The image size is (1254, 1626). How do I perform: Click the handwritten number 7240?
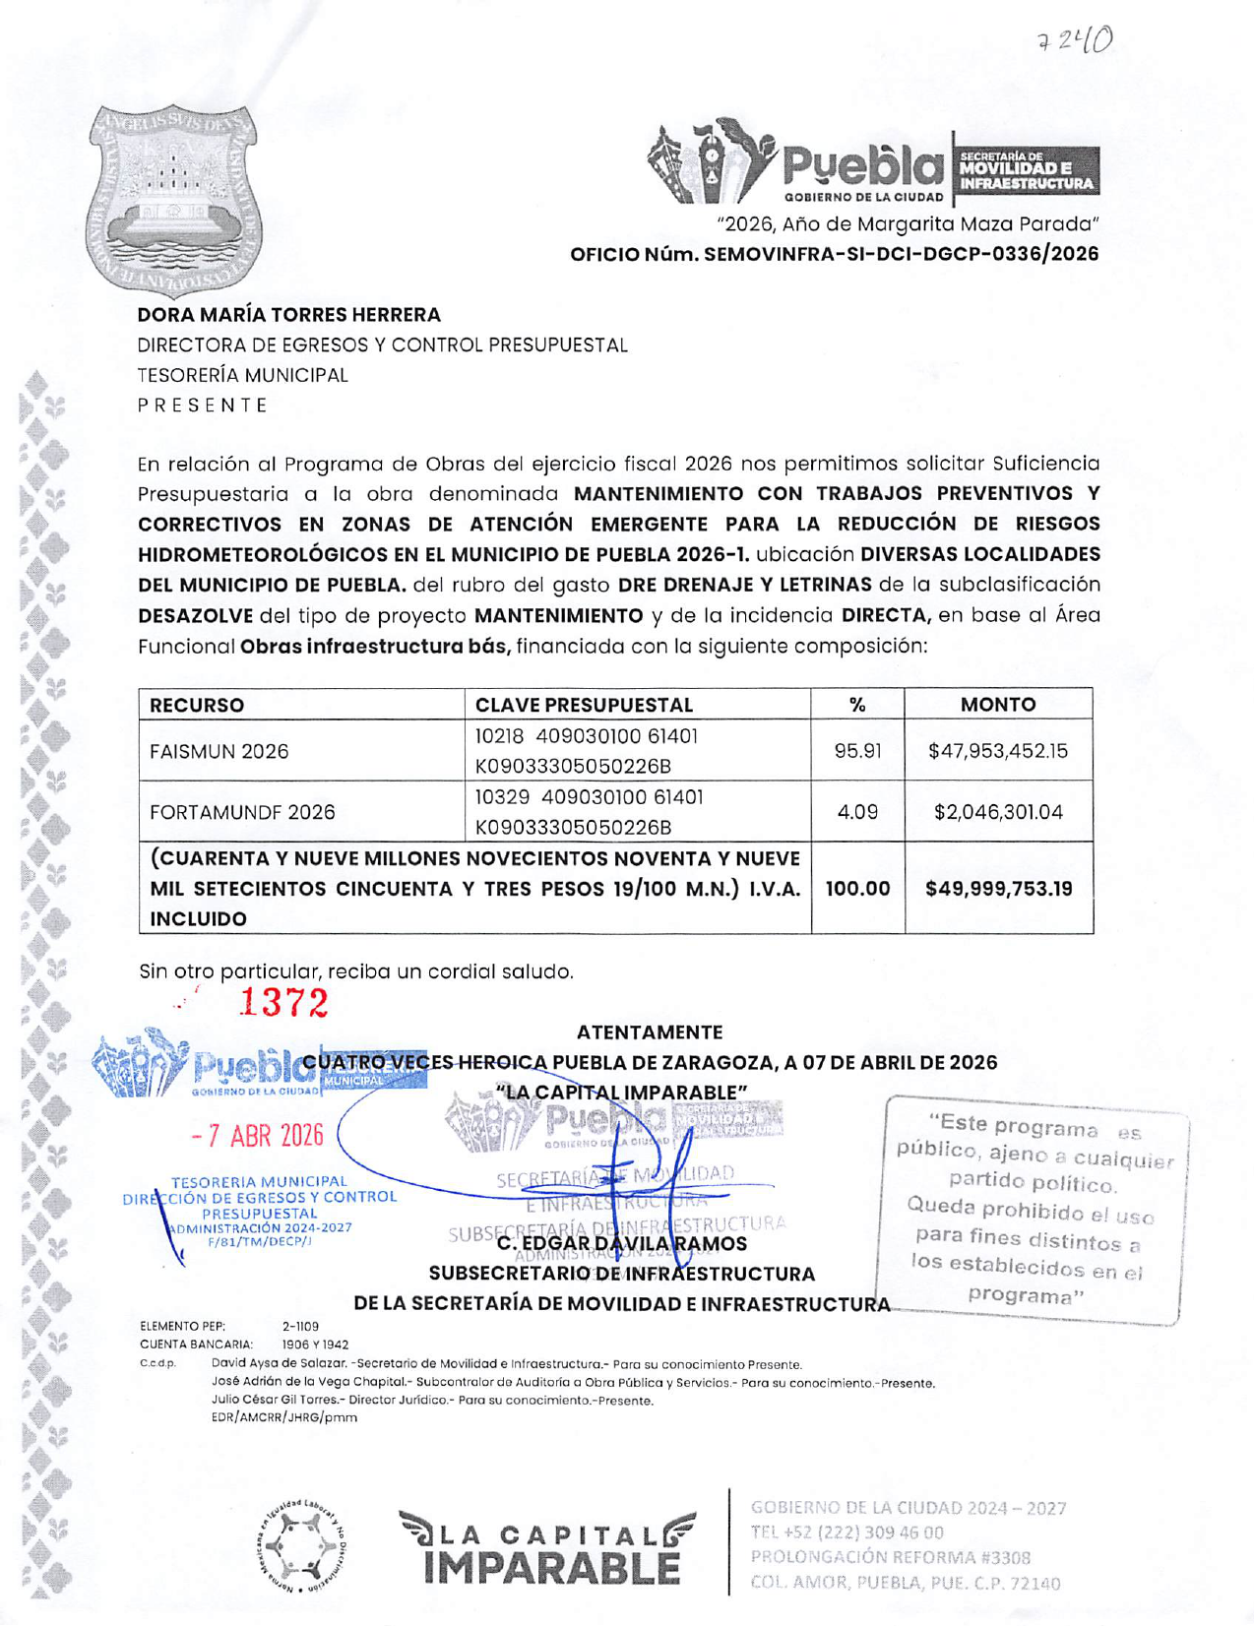pos(1074,41)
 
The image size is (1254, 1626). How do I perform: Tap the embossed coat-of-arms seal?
pos(174,200)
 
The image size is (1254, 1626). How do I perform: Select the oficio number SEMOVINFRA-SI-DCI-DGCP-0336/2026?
pos(834,254)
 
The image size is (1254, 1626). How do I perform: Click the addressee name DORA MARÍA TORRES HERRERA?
pos(288,315)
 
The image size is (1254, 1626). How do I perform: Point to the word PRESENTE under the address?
pos(202,406)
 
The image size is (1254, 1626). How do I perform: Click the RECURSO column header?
pos(197,705)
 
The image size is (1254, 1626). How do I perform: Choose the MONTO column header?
pos(997,705)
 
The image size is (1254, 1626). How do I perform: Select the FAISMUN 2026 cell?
pos(219,752)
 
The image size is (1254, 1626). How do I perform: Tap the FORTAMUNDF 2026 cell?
pos(242,813)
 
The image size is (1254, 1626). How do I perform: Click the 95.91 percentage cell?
pos(856,752)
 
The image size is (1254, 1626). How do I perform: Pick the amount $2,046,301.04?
pos(997,813)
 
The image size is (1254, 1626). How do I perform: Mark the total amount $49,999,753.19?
pos(997,889)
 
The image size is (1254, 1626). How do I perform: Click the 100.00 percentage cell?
pos(856,889)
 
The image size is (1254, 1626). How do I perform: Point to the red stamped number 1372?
pos(283,1003)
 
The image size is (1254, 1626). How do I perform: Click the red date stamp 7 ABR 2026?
pos(258,1136)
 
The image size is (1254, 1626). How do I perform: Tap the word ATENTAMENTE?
pos(649,1032)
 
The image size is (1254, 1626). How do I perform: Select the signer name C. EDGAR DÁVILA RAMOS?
pos(622,1244)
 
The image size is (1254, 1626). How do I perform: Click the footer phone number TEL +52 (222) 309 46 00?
pos(846,1532)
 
